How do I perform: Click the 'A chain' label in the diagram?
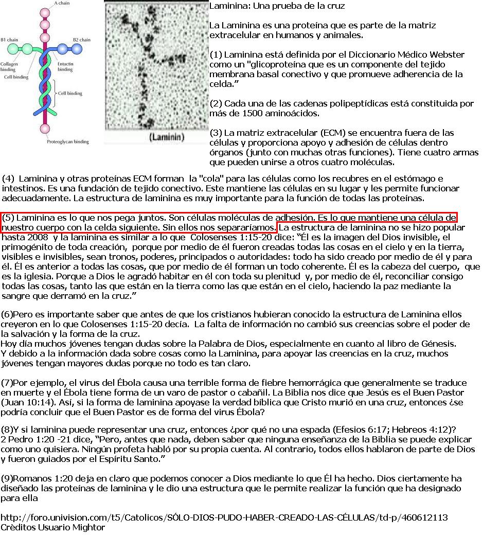click(62, 3)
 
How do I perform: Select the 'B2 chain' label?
click(81, 40)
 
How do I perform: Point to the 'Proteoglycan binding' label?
click(68, 141)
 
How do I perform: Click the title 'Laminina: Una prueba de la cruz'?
click(277, 6)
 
